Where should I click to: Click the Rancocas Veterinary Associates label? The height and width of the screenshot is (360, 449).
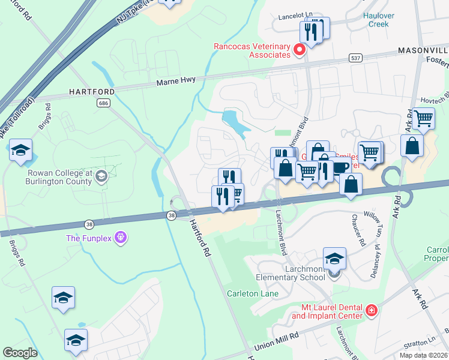[x=253, y=50]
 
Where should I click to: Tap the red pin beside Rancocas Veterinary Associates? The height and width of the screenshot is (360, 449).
[x=300, y=51]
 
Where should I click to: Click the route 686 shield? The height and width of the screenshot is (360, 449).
[x=104, y=103]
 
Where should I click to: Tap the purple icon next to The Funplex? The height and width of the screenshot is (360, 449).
[x=121, y=238]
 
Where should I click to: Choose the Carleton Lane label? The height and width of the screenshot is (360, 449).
[x=252, y=293]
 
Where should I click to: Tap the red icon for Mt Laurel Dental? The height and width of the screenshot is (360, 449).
[x=372, y=310]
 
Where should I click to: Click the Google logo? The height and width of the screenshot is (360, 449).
[x=20, y=353]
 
